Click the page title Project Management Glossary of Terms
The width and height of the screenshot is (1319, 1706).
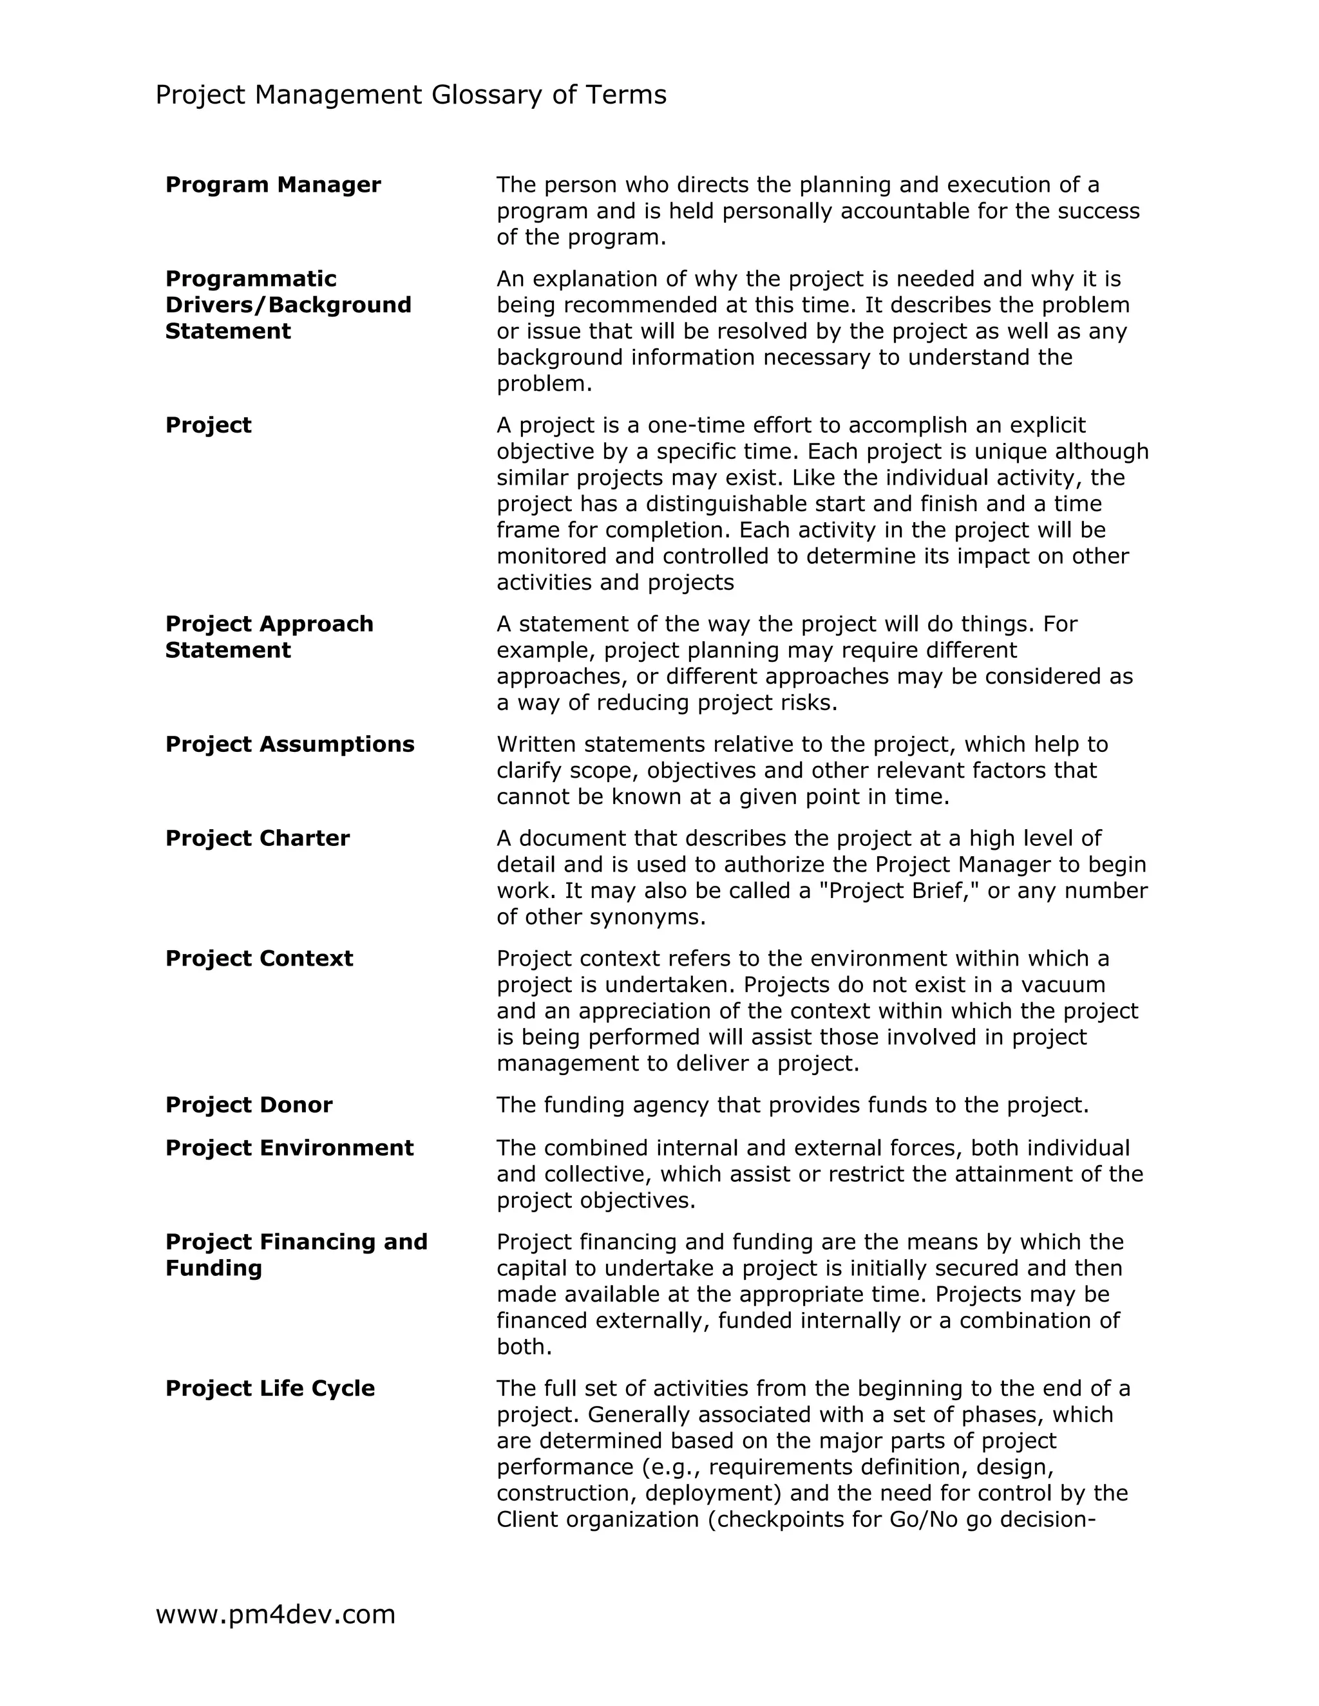click(411, 95)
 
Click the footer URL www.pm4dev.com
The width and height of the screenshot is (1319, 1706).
click(275, 1614)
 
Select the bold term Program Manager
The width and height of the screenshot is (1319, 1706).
click(272, 185)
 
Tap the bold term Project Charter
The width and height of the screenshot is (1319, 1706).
click(257, 838)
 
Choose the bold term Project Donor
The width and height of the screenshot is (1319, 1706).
click(249, 1105)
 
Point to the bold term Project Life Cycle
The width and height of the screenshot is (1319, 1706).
click(270, 1388)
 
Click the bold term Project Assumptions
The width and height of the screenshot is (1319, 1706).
click(289, 744)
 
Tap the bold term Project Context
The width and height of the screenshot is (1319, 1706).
click(259, 959)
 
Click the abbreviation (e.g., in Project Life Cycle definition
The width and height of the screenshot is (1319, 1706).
click(671, 1467)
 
